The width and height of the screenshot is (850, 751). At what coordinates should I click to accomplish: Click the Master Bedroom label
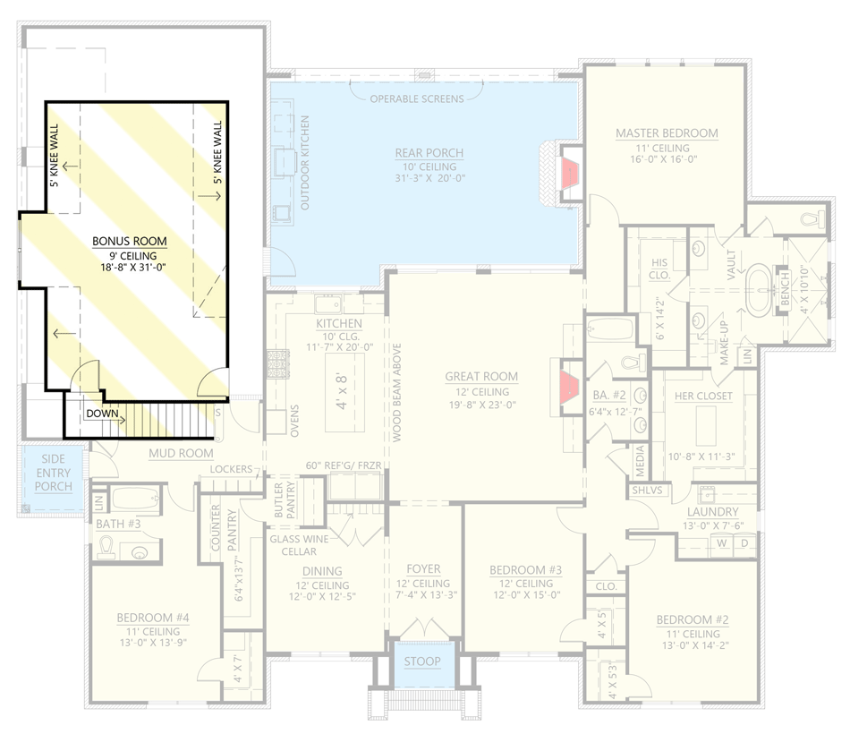tap(667, 133)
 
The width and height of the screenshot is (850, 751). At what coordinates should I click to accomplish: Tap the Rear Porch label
tap(429, 153)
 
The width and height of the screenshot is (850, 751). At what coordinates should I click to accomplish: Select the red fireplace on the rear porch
tap(567, 174)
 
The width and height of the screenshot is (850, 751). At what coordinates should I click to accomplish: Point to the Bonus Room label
tap(130, 241)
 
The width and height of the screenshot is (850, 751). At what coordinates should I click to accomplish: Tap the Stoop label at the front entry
tap(422, 662)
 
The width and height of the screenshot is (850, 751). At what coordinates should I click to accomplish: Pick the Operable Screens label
tap(417, 98)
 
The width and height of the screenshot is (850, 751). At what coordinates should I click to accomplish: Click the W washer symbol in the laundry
tap(719, 543)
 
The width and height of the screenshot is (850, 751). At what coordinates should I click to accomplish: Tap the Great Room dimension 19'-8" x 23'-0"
tap(482, 405)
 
